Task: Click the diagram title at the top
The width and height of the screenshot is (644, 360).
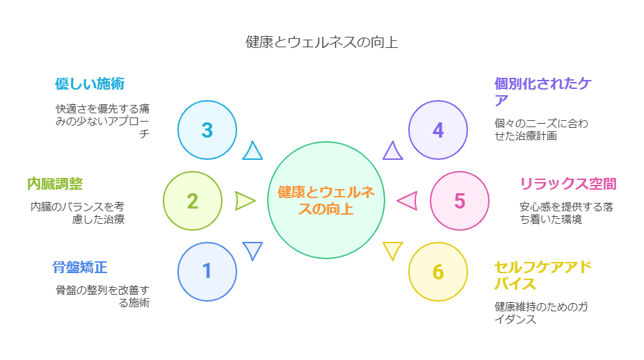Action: [x=321, y=42]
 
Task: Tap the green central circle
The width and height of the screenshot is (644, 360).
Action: [x=326, y=200]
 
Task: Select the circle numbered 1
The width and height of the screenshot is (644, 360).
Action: [x=207, y=272]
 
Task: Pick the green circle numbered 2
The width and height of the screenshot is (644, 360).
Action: [x=193, y=201]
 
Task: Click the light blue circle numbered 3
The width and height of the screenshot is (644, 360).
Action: [x=207, y=130]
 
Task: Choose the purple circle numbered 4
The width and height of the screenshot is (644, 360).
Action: [x=438, y=130]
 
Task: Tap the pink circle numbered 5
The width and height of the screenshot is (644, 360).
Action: [x=460, y=201]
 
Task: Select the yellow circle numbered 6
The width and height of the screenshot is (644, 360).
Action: [x=438, y=272]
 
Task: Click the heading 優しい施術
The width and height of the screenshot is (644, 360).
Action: [x=90, y=83]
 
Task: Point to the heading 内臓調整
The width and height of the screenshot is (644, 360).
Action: [x=55, y=183]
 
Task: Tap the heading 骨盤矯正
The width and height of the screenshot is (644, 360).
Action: [x=80, y=268]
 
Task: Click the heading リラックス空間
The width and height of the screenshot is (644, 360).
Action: [x=568, y=183]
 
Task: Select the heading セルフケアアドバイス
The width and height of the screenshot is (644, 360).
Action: [x=542, y=275]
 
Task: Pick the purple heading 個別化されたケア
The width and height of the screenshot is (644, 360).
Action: [x=542, y=92]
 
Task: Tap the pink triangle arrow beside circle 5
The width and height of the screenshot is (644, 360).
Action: [x=408, y=201]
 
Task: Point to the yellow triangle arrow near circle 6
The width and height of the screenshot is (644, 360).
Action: [x=393, y=251]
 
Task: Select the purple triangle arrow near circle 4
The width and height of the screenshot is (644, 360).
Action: [x=393, y=150]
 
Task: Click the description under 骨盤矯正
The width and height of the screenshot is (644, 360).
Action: [x=102, y=296]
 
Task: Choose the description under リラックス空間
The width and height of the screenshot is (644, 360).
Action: [x=566, y=213]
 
